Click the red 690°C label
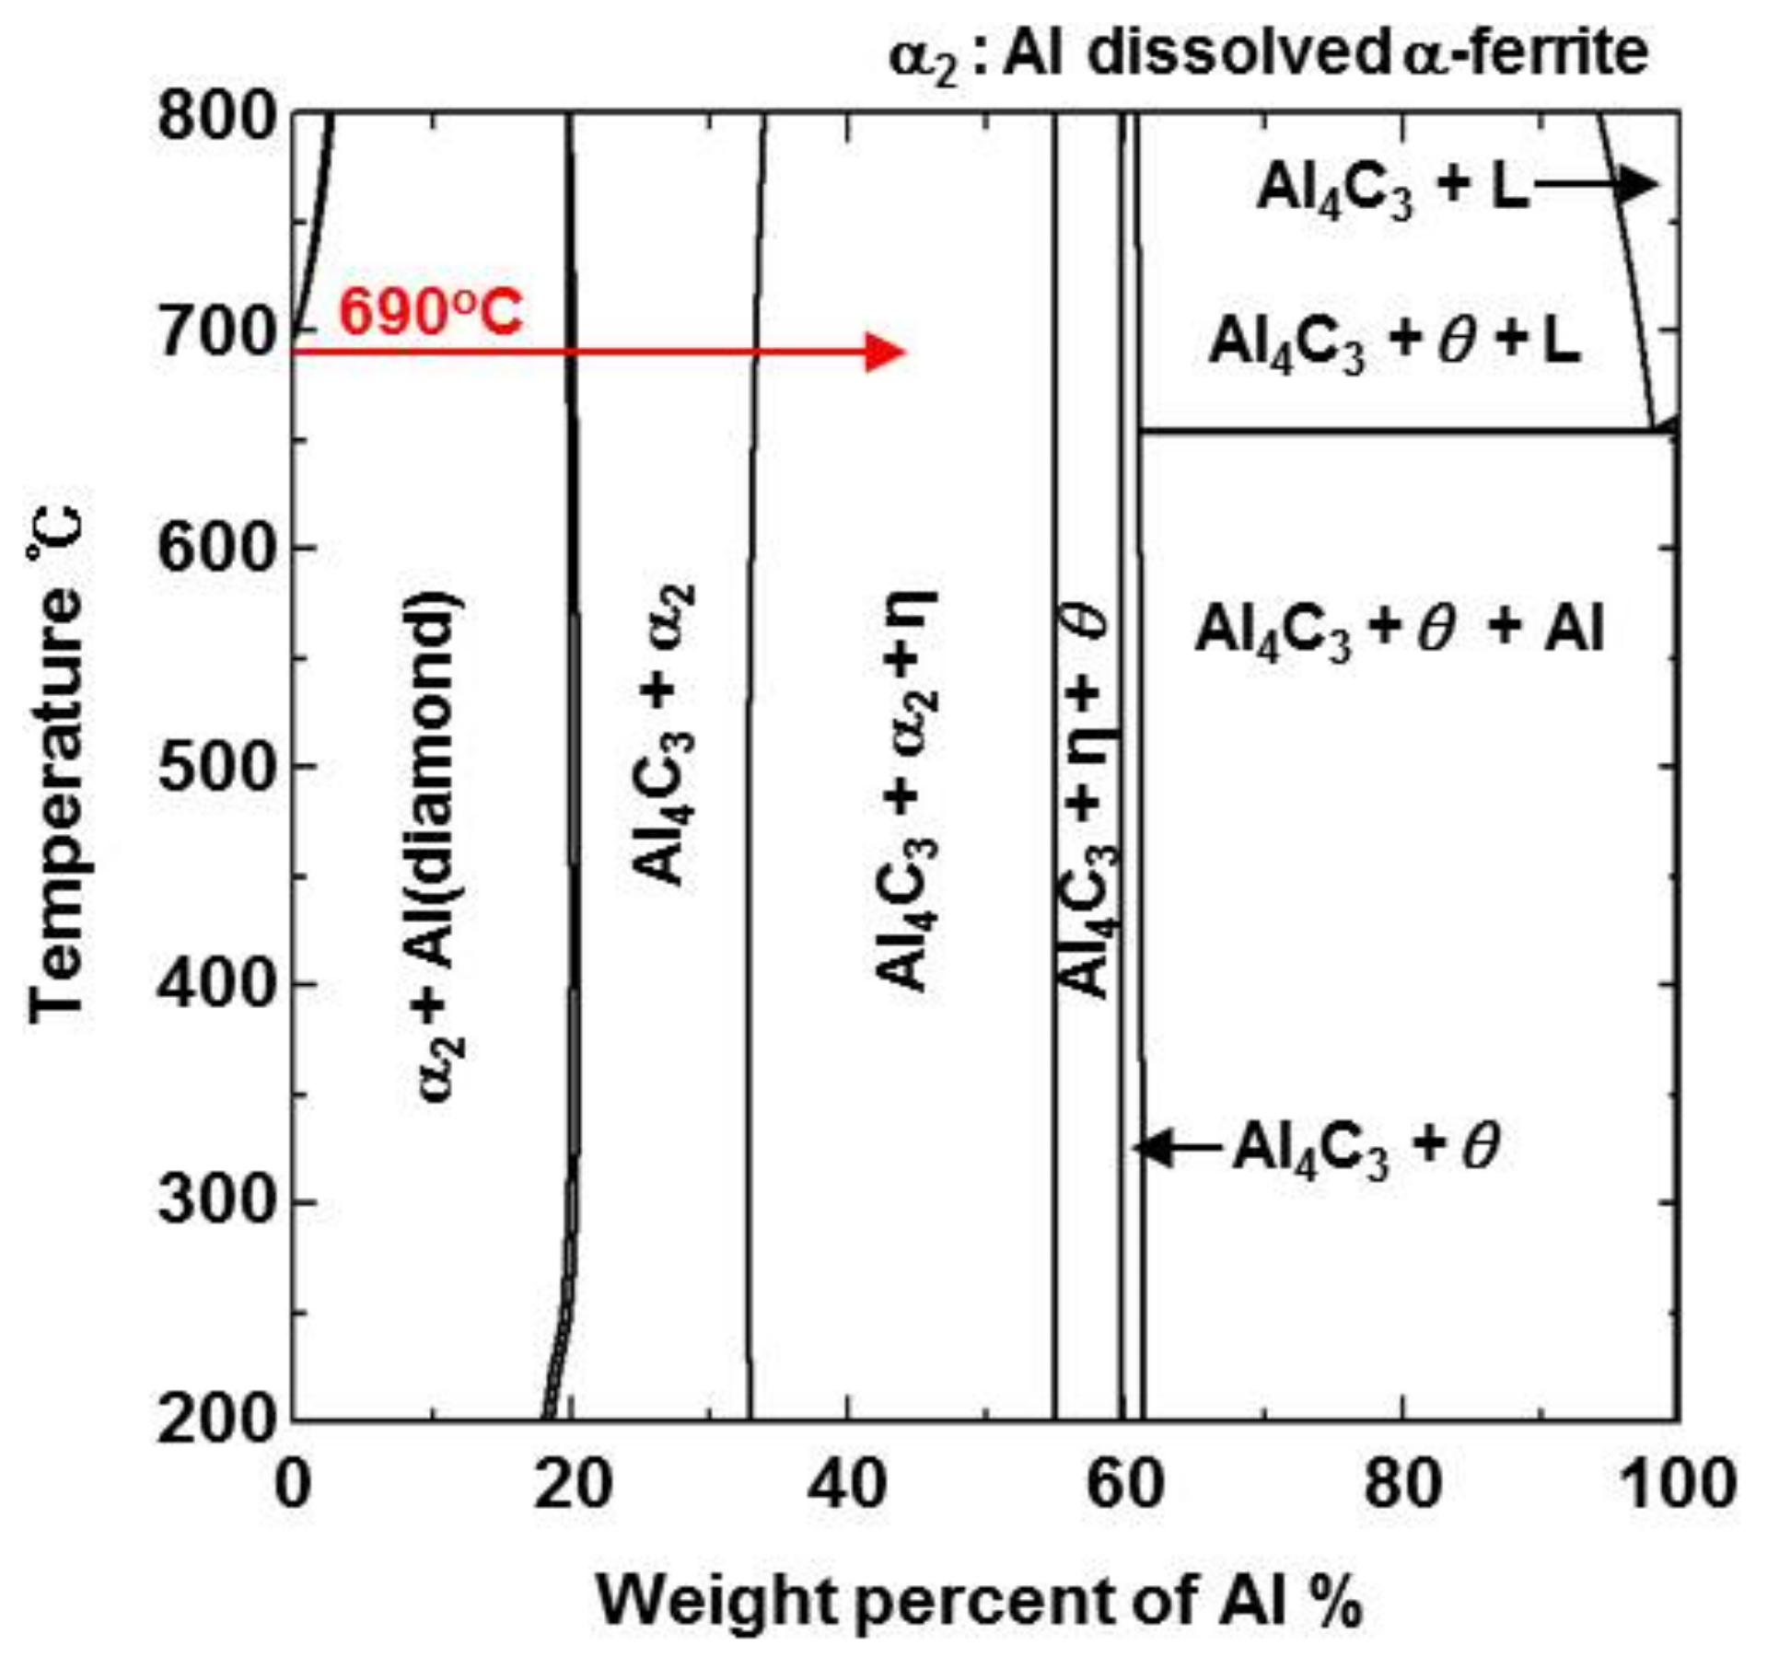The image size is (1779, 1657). pyautogui.click(x=430, y=312)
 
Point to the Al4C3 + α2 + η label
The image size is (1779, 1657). pyautogui.click(x=906, y=792)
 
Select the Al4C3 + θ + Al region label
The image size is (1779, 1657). pyautogui.click(x=1399, y=632)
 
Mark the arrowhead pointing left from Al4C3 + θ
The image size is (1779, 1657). pyautogui.click(x=1151, y=1147)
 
